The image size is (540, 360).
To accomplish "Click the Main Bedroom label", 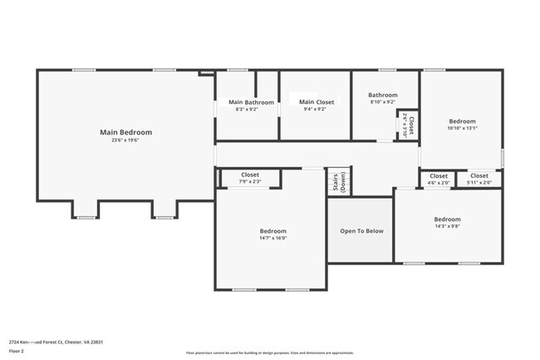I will pyautogui.click(x=125, y=131).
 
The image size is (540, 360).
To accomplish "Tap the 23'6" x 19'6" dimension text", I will pyautogui.click(x=125, y=141).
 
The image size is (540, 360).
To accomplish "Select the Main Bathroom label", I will pyautogui.click(x=246, y=102).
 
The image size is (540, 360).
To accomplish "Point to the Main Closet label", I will pyautogui.click(x=317, y=102).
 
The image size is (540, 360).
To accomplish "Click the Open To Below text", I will pyautogui.click(x=361, y=230).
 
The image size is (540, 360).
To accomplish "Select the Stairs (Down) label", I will pyautogui.click(x=338, y=183).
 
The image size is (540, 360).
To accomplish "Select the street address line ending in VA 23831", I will pyautogui.click(x=56, y=342).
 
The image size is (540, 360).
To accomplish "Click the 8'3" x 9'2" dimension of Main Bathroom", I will pyautogui.click(x=247, y=109).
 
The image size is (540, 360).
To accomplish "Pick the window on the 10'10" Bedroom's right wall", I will pyautogui.click(x=503, y=156).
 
